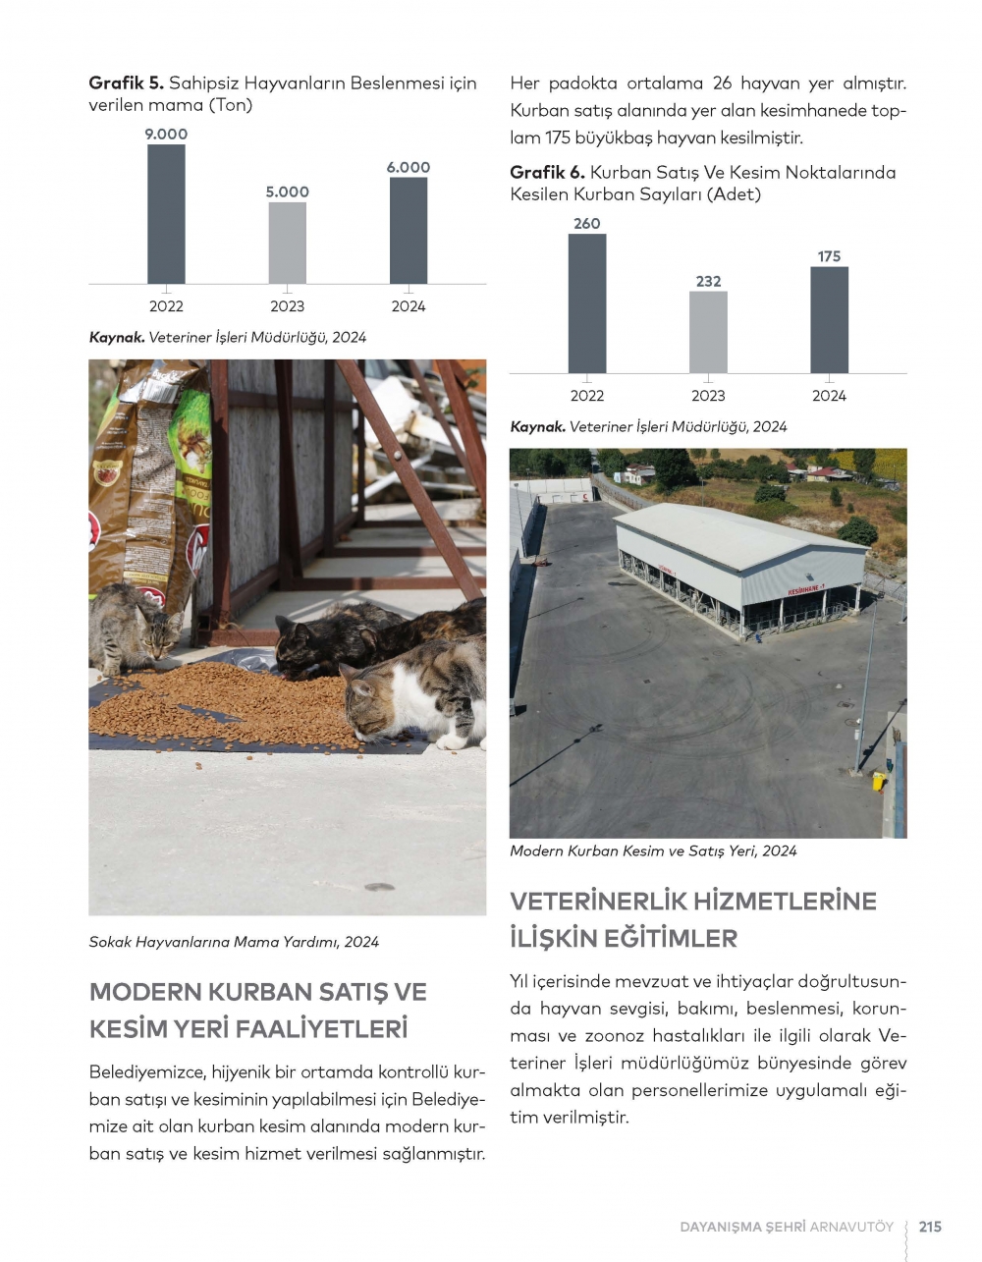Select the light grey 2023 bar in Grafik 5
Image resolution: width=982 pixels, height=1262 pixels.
[x=287, y=243]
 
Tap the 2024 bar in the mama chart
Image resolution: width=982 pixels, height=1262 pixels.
[x=408, y=231]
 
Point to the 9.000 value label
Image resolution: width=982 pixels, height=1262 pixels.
[x=166, y=135]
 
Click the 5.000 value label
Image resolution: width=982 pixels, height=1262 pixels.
[x=287, y=192]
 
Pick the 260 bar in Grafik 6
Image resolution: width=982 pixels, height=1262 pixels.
[x=586, y=303]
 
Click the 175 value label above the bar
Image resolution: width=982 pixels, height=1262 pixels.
[x=829, y=256]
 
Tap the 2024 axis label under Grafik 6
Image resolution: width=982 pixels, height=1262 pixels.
[x=829, y=396]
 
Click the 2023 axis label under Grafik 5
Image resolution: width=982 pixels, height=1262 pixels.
[x=287, y=306]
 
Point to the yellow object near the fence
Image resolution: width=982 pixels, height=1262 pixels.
[x=878, y=781]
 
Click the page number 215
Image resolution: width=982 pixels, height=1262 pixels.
[x=930, y=1227]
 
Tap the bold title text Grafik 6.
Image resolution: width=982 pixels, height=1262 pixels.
[x=547, y=173]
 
